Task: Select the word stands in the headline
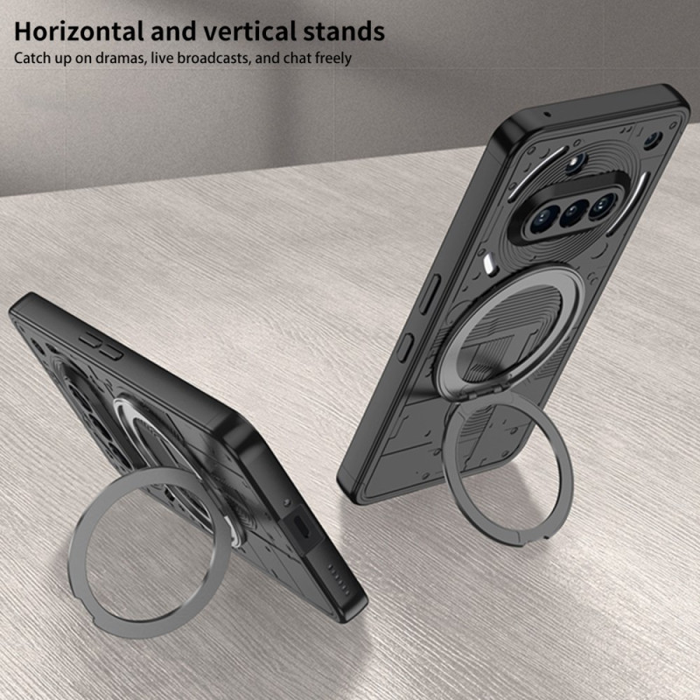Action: [x=343, y=31]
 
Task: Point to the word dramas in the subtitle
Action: [x=120, y=58]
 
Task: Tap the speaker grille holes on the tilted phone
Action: [x=339, y=580]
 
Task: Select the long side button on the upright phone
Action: [x=430, y=293]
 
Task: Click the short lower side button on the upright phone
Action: [x=405, y=346]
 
